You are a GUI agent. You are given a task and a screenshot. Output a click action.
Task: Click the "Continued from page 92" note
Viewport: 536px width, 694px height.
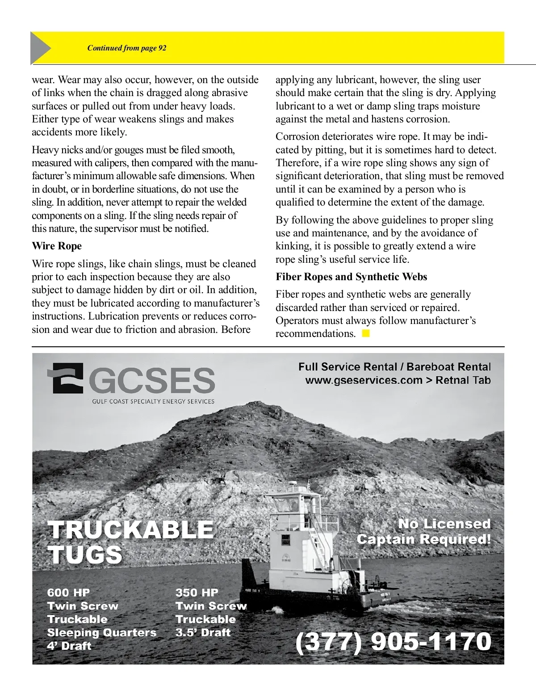coord(127,48)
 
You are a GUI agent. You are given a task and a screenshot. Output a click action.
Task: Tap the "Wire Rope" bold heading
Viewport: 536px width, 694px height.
coord(57,246)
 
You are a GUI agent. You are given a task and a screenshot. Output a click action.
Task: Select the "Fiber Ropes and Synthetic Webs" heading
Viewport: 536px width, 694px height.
coord(351,277)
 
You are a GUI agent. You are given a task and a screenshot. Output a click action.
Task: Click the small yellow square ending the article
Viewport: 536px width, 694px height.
coord(366,333)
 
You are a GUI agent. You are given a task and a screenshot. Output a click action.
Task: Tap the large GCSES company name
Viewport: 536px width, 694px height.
coord(153,381)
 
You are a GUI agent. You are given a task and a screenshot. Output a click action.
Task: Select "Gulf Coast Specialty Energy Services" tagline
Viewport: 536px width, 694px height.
coord(153,401)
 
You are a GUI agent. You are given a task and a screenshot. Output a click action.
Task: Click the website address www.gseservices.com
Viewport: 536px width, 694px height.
coord(364,380)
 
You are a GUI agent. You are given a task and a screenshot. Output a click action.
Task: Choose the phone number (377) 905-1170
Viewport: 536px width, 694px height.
coord(393,642)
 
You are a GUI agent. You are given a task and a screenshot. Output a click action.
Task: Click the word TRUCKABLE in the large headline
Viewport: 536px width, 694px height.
coord(131,530)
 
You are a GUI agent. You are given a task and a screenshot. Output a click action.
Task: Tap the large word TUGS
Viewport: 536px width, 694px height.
coord(85,555)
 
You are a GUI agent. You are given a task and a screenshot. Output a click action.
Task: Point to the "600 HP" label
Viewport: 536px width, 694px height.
coord(68,593)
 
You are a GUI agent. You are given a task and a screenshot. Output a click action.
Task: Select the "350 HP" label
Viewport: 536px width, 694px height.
coord(197,593)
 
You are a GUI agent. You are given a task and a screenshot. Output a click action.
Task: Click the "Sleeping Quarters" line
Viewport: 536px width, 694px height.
coord(102,633)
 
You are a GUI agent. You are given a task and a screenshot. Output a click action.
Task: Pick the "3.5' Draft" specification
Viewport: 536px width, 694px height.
coord(203,632)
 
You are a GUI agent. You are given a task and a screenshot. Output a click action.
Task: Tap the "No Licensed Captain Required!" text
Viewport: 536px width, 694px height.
coord(423,531)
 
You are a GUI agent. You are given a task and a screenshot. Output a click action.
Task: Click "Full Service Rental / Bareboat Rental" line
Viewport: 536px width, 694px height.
coord(394,367)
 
